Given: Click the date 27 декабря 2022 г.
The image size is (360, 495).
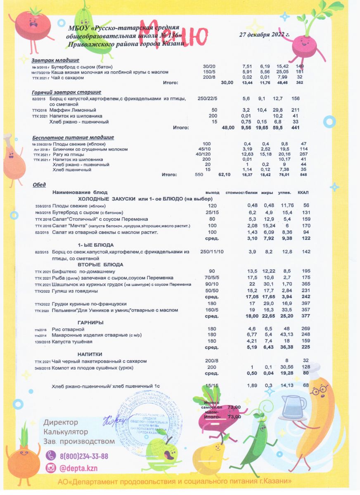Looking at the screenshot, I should pyautogui.click(x=264, y=35).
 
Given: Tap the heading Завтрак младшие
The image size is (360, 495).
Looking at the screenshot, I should pyautogui.click(x=52, y=60).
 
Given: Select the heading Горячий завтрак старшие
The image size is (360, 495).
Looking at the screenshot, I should pyautogui.click(x=66, y=92).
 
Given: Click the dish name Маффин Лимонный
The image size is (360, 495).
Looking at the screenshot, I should pyautogui.click(x=73, y=111).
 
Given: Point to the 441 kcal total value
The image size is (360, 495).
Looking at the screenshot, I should pyautogui.click(x=295, y=128).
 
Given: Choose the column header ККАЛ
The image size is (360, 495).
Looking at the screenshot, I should pyautogui.click(x=303, y=193).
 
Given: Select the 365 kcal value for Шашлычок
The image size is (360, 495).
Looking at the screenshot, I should pyautogui.click(x=306, y=285).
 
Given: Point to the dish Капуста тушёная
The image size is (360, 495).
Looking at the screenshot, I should pyautogui.click(x=72, y=342).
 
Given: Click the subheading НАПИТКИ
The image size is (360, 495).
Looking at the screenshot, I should pyautogui.click(x=90, y=354).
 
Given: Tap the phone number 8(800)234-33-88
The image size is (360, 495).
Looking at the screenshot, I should pyautogui.click(x=84, y=456).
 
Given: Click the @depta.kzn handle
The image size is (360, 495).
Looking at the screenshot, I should pyautogui.click(x=78, y=468).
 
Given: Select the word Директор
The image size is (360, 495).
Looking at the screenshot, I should pyautogui.click(x=61, y=423).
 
